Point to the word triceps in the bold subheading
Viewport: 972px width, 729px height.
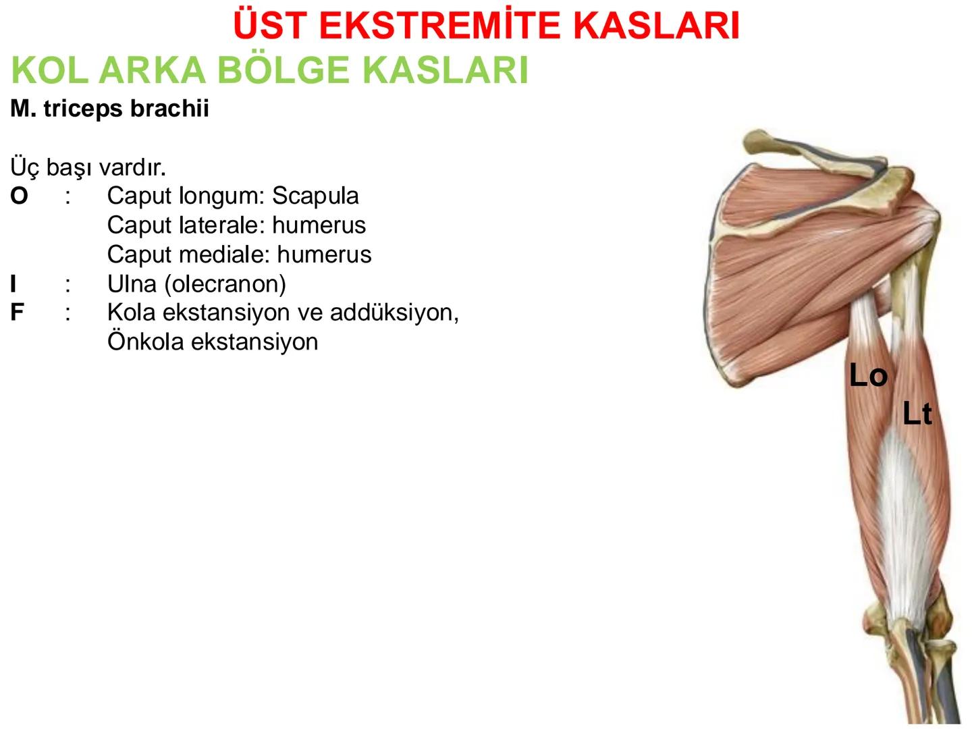pyautogui.click(x=83, y=109)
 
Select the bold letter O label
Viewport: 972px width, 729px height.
pyautogui.click(x=19, y=196)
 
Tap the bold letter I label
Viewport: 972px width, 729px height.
pyautogui.click(x=13, y=284)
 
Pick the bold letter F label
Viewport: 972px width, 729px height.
pyautogui.click(x=17, y=313)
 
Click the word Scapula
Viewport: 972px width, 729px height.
pyautogui.click(x=315, y=196)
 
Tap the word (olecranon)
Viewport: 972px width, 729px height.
pyautogui.click(x=225, y=284)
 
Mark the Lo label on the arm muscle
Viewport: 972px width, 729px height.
pyautogui.click(x=868, y=375)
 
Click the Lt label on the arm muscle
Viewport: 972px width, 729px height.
pyautogui.click(x=917, y=414)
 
